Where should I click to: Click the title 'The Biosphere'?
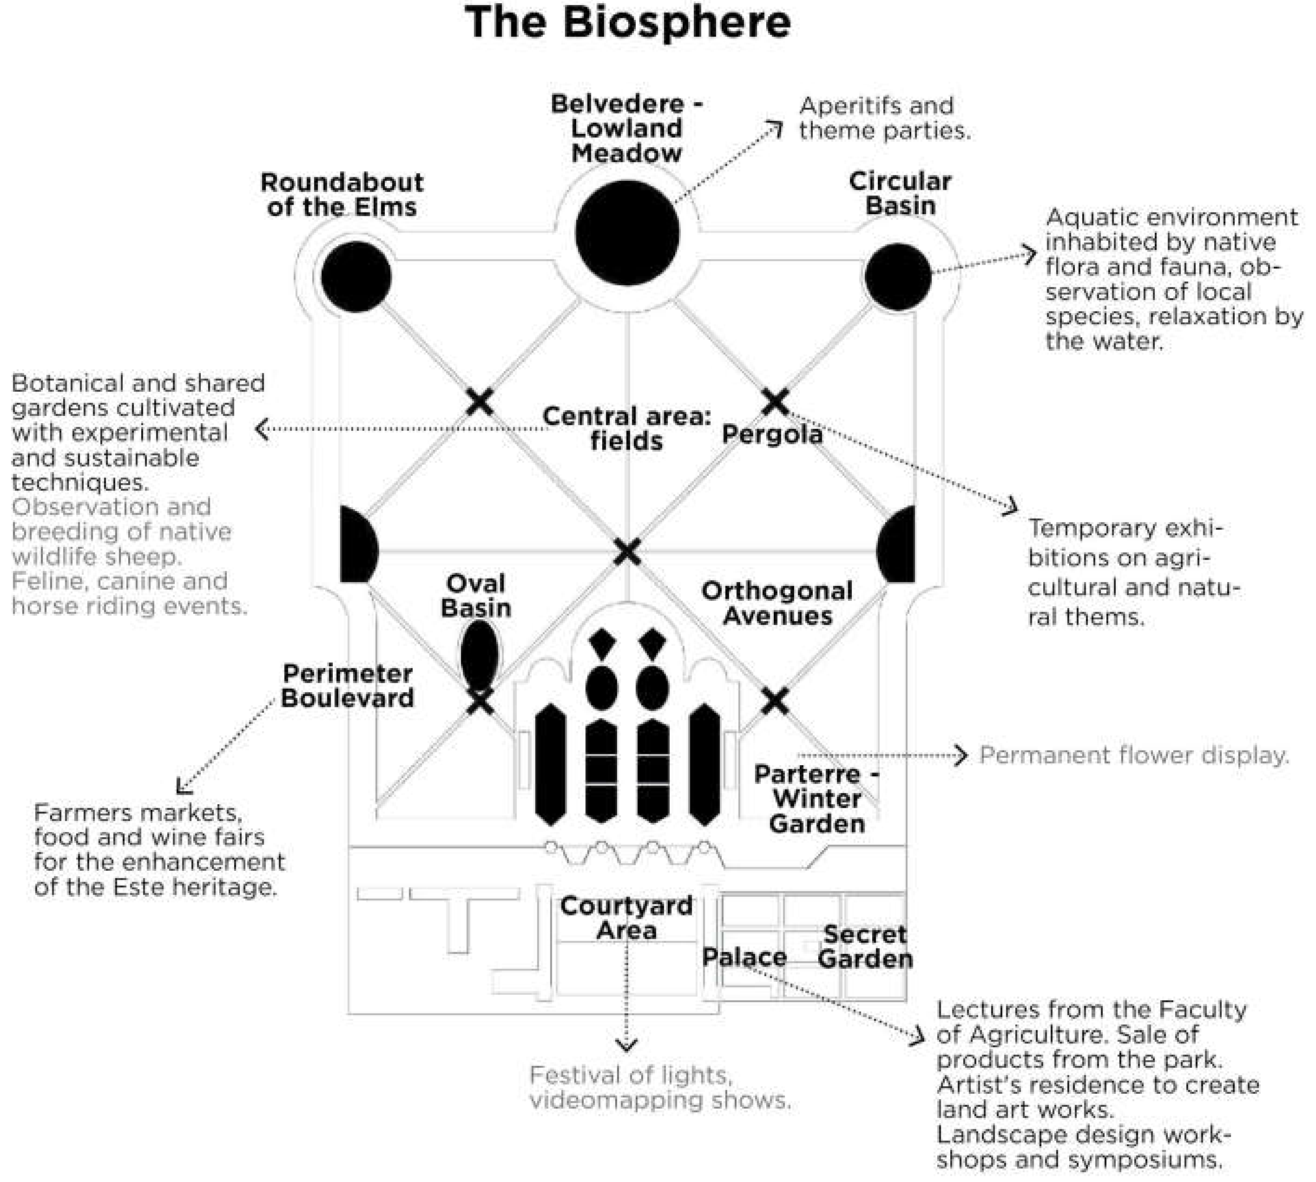click(x=627, y=22)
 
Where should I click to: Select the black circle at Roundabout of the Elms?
click(x=356, y=276)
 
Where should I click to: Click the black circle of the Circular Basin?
click(x=898, y=276)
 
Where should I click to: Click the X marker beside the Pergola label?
click(x=775, y=402)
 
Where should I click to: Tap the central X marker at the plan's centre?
click(x=627, y=552)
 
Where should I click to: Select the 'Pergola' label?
click(x=772, y=434)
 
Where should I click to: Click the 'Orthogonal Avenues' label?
click(x=777, y=603)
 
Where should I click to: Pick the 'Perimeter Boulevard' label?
click(x=348, y=685)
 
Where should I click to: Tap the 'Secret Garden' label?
click(x=865, y=946)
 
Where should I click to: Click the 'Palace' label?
click(x=744, y=957)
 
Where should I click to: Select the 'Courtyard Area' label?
click(x=626, y=918)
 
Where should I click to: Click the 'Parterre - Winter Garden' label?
click(x=816, y=799)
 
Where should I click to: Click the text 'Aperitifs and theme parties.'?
click(x=884, y=118)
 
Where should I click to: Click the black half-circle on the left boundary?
click(x=356, y=544)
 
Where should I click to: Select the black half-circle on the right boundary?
click(x=898, y=544)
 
